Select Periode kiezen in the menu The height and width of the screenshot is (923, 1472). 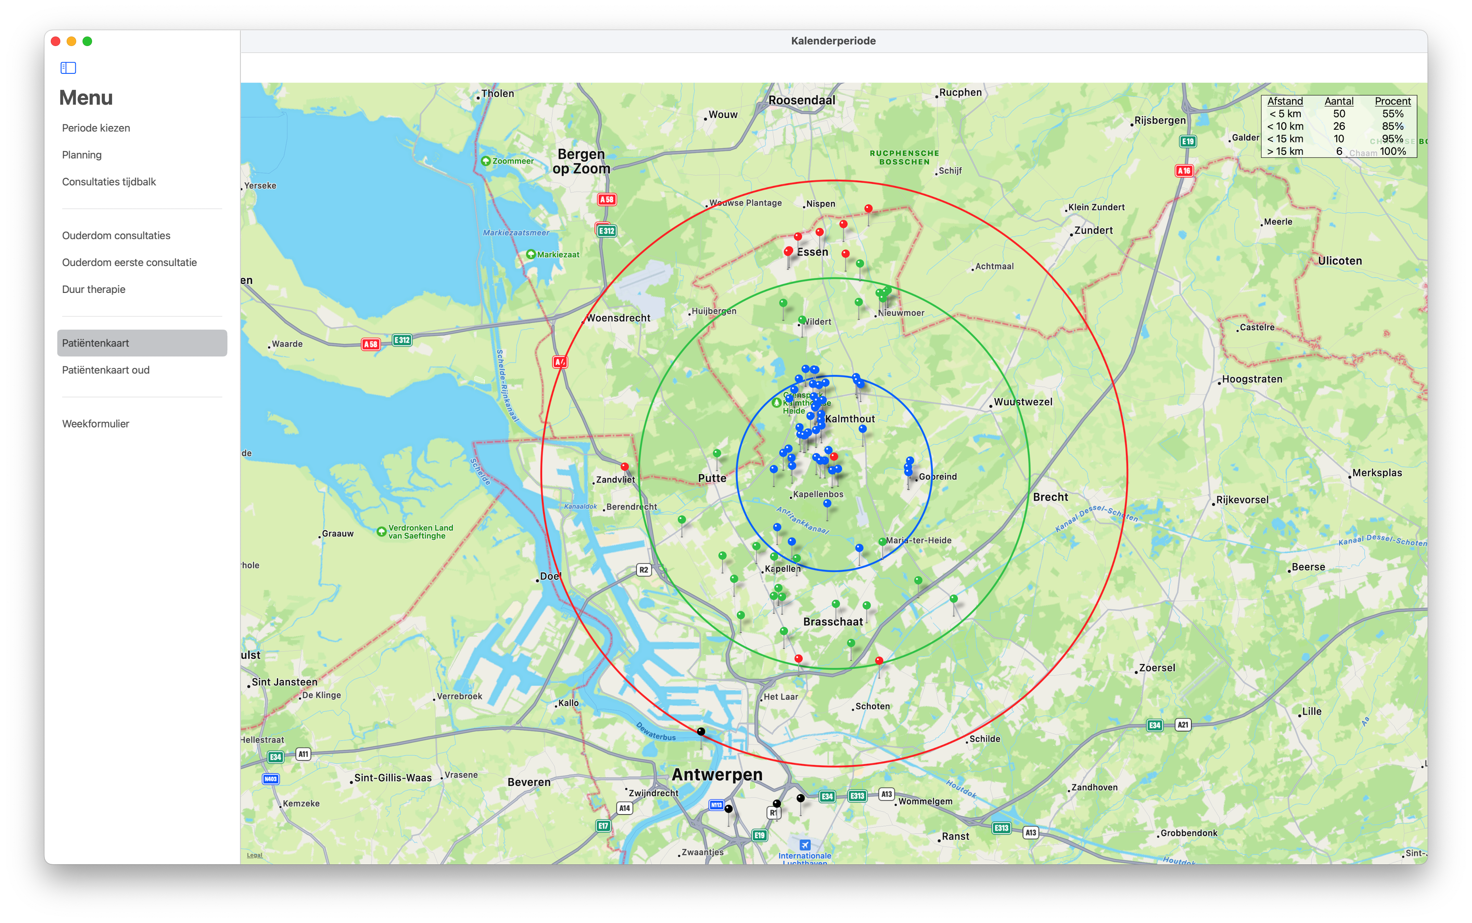[96, 128]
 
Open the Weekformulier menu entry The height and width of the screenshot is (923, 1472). [96, 424]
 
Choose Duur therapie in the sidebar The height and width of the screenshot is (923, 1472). [93, 289]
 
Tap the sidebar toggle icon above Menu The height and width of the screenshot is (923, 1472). [68, 68]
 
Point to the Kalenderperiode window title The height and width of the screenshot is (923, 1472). [833, 41]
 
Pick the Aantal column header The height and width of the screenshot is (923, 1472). [1338, 101]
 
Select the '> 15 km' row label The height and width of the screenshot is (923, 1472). [1285, 152]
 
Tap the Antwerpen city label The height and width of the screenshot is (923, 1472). [717, 775]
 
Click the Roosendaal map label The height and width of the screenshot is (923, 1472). [801, 100]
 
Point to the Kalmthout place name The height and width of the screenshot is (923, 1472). [849, 419]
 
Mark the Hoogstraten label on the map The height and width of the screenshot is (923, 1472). [1252, 379]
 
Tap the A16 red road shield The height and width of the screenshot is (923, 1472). [1184, 171]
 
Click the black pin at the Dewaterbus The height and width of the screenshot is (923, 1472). [701, 731]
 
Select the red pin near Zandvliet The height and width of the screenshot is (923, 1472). [625, 467]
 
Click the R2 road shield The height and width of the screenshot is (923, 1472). [643, 570]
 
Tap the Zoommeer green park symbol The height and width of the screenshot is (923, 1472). [486, 161]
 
